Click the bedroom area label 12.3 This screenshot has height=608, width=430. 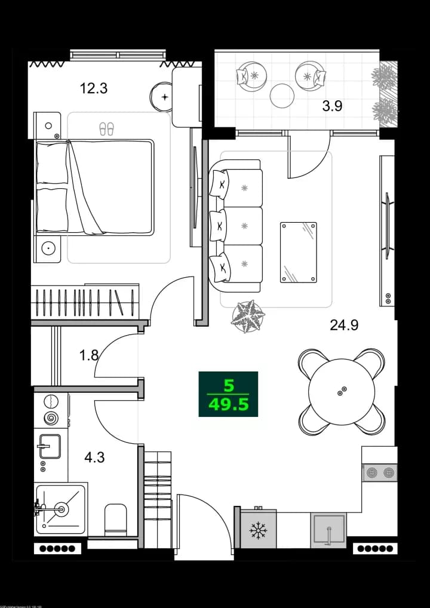click(94, 89)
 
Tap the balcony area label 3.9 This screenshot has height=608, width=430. click(332, 106)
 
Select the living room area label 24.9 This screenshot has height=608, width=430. click(345, 326)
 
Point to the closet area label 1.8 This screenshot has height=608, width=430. click(88, 355)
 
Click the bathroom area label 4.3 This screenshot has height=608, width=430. click(94, 458)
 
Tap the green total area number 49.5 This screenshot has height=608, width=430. click(228, 406)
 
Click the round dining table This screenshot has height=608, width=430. click(341, 391)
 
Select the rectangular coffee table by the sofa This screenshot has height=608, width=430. click(299, 252)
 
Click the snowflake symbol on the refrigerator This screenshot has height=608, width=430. click(258, 530)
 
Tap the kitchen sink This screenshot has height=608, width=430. click(328, 529)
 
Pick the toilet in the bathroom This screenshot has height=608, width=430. click(115, 519)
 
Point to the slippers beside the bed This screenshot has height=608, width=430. click(106, 128)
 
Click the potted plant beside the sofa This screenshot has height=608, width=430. click(247, 315)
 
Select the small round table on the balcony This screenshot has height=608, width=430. click(282, 95)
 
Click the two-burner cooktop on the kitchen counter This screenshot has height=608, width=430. click(380, 472)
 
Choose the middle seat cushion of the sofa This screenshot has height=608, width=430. click(242, 225)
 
